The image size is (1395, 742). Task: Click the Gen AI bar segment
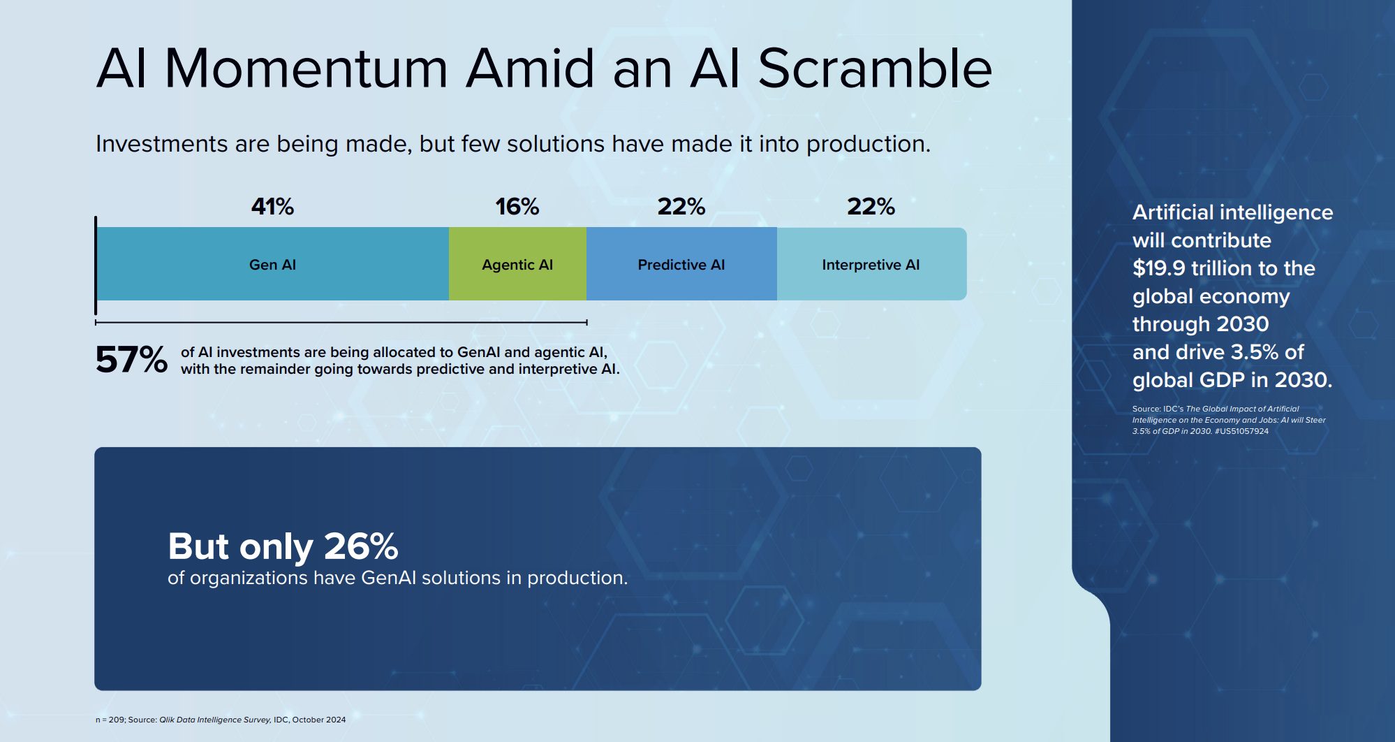point(273,264)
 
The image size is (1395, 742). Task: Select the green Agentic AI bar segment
point(517,264)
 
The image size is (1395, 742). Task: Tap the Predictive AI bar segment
point(681,264)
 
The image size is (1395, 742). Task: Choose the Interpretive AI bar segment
point(871,264)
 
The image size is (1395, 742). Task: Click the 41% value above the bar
point(273,207)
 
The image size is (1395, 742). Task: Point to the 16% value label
point(517,207)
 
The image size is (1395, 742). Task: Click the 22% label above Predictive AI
point(681,207)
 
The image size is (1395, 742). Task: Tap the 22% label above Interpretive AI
point(871,207)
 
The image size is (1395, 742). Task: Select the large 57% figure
point(131,360)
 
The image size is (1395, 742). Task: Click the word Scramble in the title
point(875,68)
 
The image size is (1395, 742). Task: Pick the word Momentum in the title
point(306,68)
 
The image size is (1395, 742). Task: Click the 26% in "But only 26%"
point(361,546)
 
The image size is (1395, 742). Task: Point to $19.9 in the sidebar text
point(1159,268)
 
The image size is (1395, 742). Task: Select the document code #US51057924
point(1241,431)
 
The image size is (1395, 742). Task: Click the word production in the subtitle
point(869,144)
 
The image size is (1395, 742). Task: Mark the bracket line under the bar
point(341,322)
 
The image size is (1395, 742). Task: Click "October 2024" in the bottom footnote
point(319,720)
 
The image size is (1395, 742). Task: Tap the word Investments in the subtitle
point(162,144)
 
